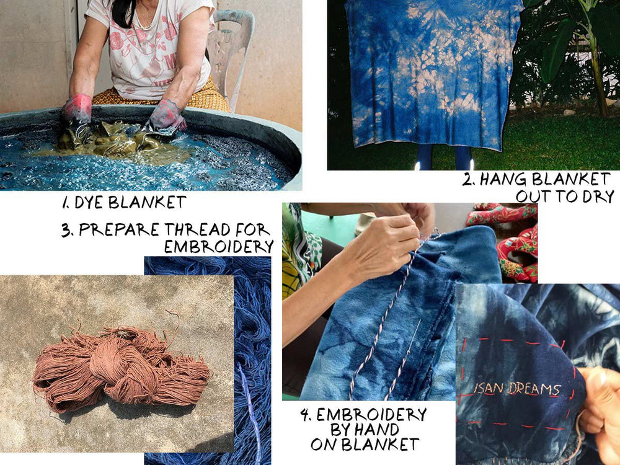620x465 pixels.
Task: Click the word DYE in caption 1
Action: click(x=89, y=203)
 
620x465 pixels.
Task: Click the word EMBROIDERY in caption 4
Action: click(x=371, y=415)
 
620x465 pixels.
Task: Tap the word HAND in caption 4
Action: click(x=377, y=430)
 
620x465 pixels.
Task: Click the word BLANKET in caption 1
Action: click(x=147, y=203)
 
